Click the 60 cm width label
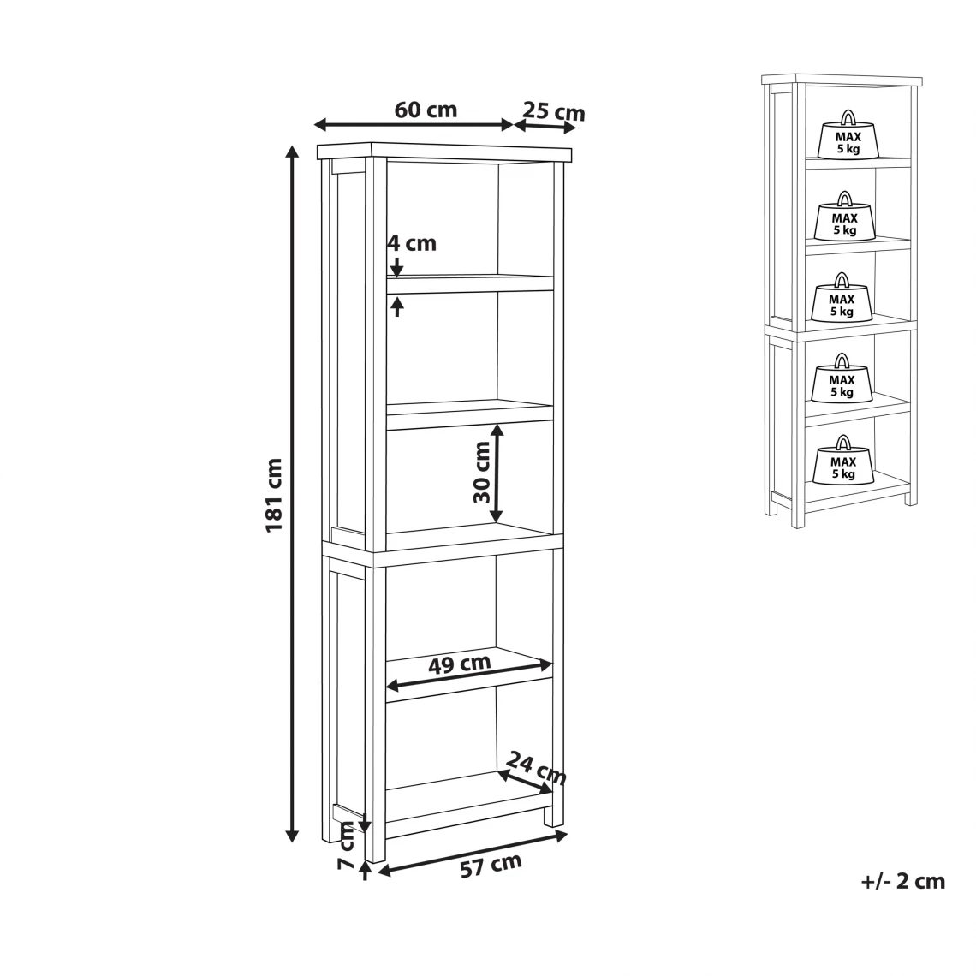pyautogui.click(x=426, y=110)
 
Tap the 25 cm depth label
pyautogui.click(x=554, y=111)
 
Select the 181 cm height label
pyautogui.click(x=275, y=495)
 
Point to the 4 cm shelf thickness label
pyautogui.click(x=412, y=243)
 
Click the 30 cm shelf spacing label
pyautogui.click(x=482, y=473)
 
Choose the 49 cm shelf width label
pyautogui.click(x=460, y=664)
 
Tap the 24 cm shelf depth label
pyautogui.click(x=536, y=768)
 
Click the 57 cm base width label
pyautogui.click(x=491, y=866)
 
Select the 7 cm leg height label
pyautogui.click(x=346, y=847)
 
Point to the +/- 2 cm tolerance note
pyautogui.click(x=903, y=881)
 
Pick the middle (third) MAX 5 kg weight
pyautogui.click(x=842, y=298)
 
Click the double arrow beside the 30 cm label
pyautogui.click(x=496, y=473)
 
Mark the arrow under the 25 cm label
pyautogui.click(x=545, y=126)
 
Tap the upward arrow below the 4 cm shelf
pyautogui.click(x=396, y=306)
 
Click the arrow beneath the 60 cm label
pyautogui.click(x=414, y=124)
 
